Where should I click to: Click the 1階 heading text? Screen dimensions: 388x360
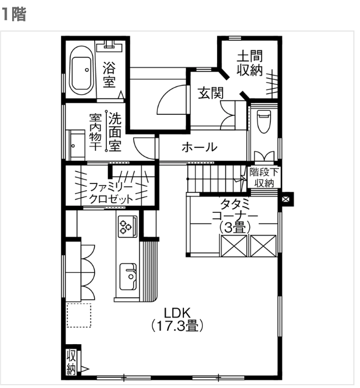click(x=13, y=14)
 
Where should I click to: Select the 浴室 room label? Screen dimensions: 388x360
click(x=110, y=74)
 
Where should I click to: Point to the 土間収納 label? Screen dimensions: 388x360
click(x=250, y=63)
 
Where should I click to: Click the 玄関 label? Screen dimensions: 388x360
click(x=210, y=93)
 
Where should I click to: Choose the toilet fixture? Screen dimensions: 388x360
click(x=264, y=121)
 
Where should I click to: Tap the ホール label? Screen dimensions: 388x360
click(x=199, y=148)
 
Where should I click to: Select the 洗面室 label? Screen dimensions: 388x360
click(x=115, y=132)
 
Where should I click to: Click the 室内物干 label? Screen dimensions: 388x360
click(x=95, y=132)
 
